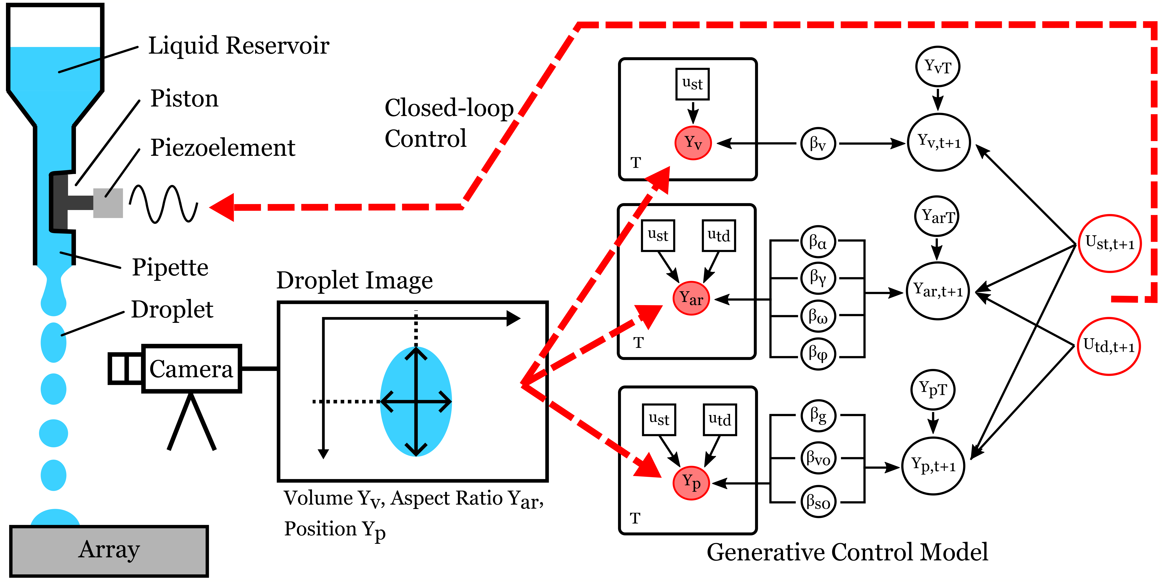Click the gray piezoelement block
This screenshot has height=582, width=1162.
(108, 203)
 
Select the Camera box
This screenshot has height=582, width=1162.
(191, 369)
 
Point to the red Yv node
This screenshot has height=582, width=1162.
(693, 143)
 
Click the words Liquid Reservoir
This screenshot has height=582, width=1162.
(239, 46)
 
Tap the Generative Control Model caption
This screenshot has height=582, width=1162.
(847, 552)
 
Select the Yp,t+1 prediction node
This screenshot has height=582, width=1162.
(933, 466)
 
